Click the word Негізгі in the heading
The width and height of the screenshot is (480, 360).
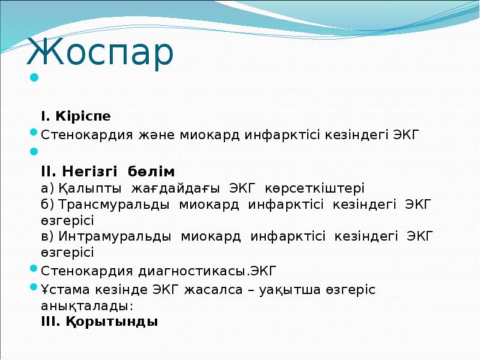pos(92,172)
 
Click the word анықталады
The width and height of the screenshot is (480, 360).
pos(86,305)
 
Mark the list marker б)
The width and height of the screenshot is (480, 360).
pos(47,205)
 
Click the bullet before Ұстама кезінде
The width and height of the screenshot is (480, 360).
pos(34,287)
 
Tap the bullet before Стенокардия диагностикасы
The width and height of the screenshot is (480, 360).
pos(34,269)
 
